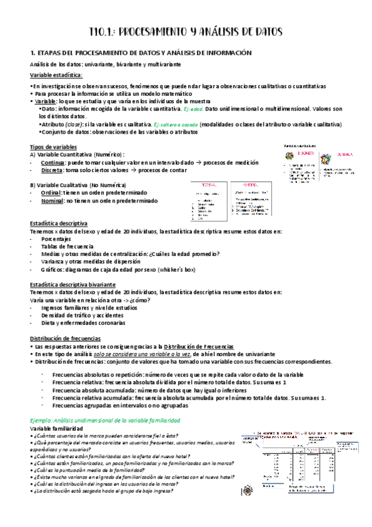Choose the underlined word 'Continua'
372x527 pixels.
tap(51, 161)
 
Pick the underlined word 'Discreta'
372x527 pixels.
tap(50, 169)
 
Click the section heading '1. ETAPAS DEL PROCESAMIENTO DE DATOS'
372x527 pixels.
tap(141, 53)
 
